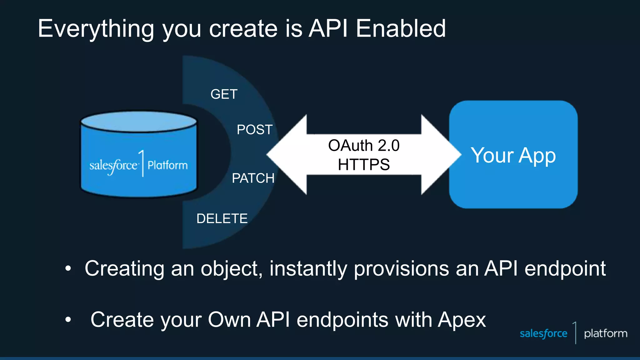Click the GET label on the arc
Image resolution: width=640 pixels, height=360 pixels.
tap(224, 94)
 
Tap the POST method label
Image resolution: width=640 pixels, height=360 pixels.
tap(254, 130)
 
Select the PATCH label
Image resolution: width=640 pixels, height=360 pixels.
tap(253, 178)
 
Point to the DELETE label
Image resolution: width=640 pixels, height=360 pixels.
tap(222, 218)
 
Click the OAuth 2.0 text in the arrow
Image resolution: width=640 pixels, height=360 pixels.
tap(364, 146)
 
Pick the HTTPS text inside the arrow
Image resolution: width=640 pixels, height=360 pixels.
tap(364, 165)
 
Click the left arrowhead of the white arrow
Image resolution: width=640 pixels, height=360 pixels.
tap(287, 154)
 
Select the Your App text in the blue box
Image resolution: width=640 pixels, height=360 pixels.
tap(513, 155)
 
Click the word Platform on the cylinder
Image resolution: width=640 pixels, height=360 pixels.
tap(167, 165)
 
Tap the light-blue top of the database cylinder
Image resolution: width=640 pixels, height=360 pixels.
tap(139, 122)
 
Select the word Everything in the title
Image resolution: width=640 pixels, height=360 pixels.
tap(96, 29)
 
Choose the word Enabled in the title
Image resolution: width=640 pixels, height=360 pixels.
tap(401, 28)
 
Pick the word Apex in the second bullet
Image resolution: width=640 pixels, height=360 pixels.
tap(462, 320)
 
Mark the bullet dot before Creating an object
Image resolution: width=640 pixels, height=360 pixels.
tap(68, 268)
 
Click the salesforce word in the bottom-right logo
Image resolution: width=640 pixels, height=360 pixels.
tap(543, 333)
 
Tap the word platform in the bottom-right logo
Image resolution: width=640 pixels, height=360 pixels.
tap(606, 333)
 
